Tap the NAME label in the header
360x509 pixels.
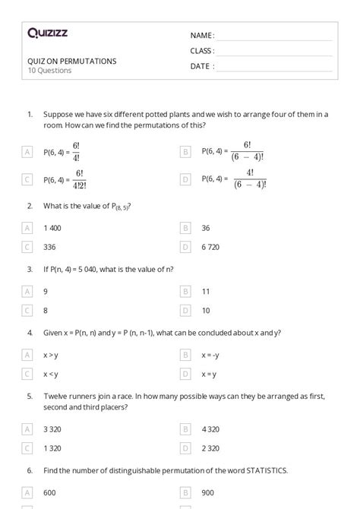click(202, 35)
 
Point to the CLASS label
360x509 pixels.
click(202, 50)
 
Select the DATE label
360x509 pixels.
click(201, 66)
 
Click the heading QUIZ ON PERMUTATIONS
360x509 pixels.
click(72, 62)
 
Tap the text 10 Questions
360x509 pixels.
click(49, 71)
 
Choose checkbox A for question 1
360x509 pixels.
click(27, 152)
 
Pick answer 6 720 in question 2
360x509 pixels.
click(211, 246)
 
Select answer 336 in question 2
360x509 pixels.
click(51, 246)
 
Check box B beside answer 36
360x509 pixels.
click(185, 227)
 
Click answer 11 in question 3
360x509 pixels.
click(206, 291)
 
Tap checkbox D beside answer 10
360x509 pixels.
click(185, 310)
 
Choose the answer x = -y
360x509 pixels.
click(210, 354)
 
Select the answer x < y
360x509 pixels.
click(51, 373)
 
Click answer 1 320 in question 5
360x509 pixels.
click(53, 450)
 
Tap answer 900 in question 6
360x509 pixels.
click(207, 494)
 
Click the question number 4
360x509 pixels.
click(30, 332)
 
